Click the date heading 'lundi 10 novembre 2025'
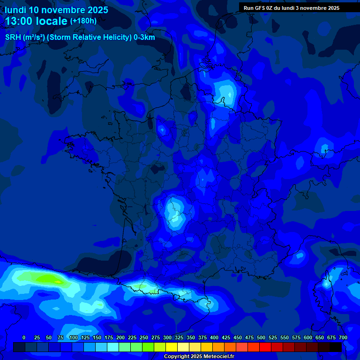[56, 10]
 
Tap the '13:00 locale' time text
[36, 21]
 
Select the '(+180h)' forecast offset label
[83, 21]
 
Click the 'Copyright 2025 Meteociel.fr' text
[199, 357]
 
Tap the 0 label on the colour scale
[24, 337]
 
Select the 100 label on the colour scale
[74, 337]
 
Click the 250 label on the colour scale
[144, 337]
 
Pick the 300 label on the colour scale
[167, 337]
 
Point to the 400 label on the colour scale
[214, 337]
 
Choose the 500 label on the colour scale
[261, 337]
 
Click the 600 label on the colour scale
[308, 337]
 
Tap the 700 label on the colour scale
[343, 337]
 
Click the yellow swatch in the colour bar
[172, 347]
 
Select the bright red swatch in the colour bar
[265, 347]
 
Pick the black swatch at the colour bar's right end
[336, 347]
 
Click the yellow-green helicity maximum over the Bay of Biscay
[49, 279]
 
